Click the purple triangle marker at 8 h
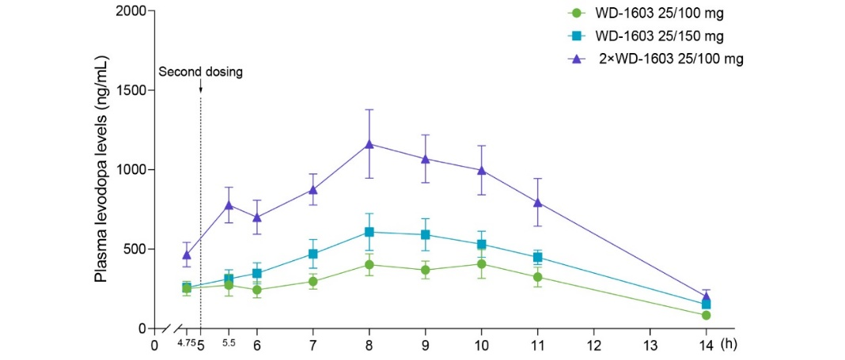[369, 144]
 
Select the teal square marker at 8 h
[369, 232]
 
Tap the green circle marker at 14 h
[706, 315]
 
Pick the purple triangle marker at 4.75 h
[187, 254]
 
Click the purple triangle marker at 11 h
[538, 202]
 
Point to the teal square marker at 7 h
[313, 254]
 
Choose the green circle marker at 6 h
[257, 290]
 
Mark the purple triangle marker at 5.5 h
[229, 204]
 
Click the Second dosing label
[201, 71]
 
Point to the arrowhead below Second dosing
[201, 89]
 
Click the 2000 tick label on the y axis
[131, 11]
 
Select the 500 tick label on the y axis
[135, 249]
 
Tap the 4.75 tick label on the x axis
[186, 343]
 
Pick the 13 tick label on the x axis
[650, 345]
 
